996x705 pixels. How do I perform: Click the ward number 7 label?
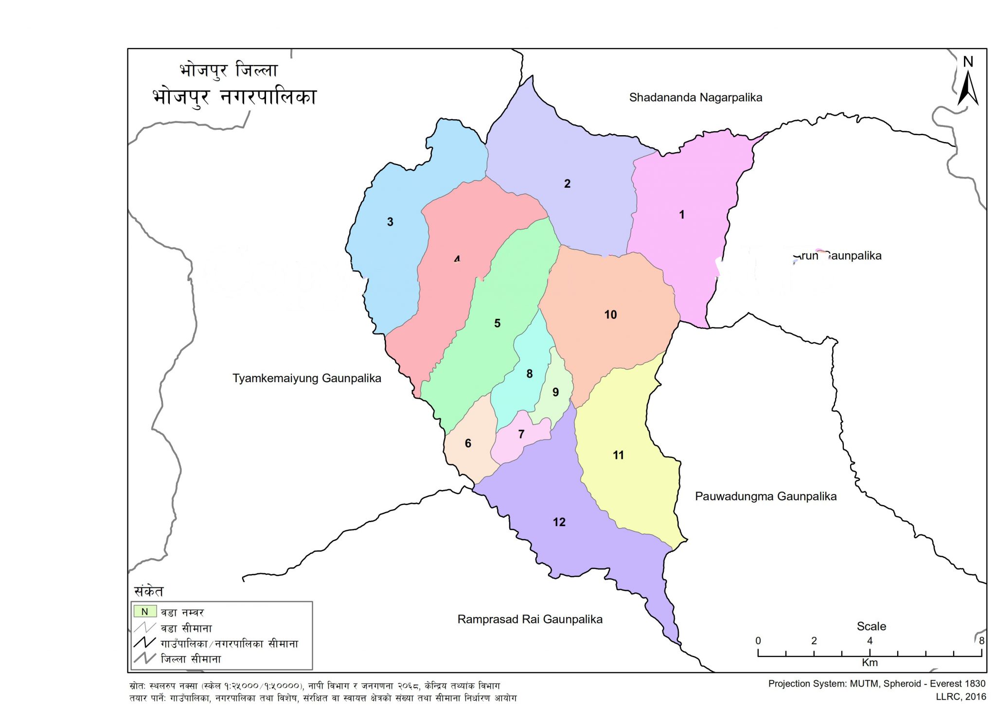(521, 434)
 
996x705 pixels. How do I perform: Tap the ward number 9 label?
(555, 392)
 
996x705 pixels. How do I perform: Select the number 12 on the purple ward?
(559, 522)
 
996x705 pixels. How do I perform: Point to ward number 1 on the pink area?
(681, 214)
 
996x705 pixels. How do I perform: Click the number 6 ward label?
(468, 443)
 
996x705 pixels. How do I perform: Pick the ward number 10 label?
(610, 315)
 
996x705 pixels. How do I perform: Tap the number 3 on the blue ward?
(390, 222)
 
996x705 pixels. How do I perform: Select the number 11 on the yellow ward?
(618, 455)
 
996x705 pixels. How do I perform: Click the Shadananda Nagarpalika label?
(695, 97)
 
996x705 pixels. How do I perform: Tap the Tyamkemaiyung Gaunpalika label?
(306, 378)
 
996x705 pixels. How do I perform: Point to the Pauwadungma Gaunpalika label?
(765, 496)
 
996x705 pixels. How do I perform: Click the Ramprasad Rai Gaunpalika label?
(530, 619)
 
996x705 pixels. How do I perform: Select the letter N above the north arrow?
(968, 62)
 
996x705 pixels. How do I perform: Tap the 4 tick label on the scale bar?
(870, 641)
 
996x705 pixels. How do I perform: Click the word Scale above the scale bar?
(871, 626)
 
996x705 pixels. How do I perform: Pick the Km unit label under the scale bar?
(870, 663)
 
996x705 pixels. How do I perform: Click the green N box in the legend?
(144, 612)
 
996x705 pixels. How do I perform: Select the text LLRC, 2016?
(960, 697)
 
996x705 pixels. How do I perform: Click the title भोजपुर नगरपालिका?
(234, 97)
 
